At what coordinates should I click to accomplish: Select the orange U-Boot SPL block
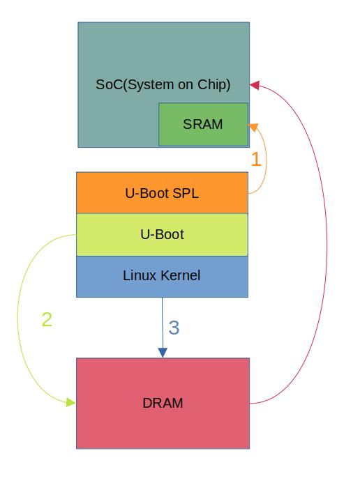(162, 193)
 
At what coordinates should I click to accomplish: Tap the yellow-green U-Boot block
(162, 235)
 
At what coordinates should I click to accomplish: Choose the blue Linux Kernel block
(162, 276)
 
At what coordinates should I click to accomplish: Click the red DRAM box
(163, 403)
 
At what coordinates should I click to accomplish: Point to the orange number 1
(256, 160)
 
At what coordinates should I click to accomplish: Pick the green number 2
(47, 320)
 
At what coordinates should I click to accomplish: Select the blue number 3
(174, 328)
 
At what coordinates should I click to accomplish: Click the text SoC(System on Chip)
(163, 84)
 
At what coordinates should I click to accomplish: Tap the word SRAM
(203, 125)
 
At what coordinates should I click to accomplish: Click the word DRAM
(163, 403)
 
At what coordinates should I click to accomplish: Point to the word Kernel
(179, 276)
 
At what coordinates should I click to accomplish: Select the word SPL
(185, 193)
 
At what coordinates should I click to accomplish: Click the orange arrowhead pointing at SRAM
(253, 127)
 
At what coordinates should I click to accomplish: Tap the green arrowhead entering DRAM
(70, 402)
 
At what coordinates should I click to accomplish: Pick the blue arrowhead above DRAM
(163, 353)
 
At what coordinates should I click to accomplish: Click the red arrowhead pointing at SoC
(255, 85)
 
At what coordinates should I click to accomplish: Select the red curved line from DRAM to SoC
(327, 244)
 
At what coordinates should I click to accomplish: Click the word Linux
(138, 276)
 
